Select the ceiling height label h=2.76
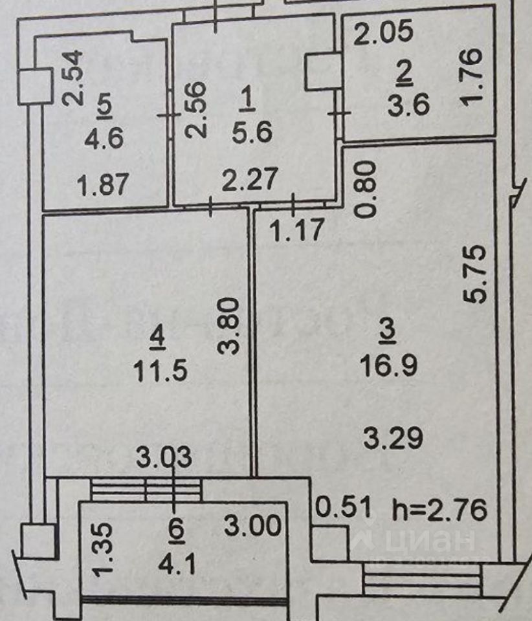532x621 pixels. coord(439,511)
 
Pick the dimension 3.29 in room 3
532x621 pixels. coord(393,439)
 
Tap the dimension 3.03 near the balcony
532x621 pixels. coord(164,457)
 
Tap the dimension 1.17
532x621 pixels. coord(297,230)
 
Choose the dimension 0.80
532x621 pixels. coord(366,190)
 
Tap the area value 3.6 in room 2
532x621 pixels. coord(408,103)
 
